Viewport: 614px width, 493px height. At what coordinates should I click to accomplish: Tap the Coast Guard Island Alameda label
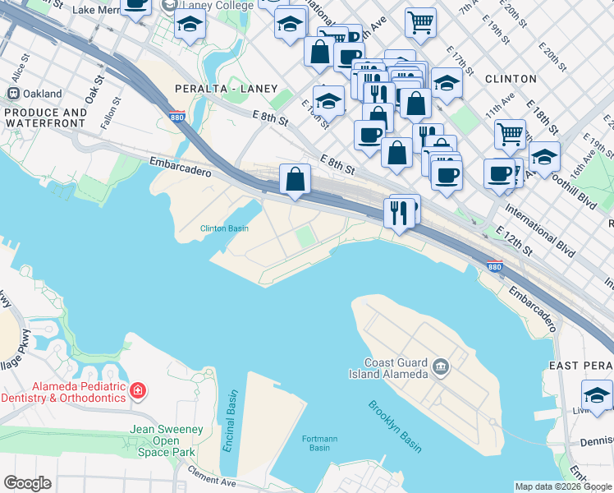(x=396, y=369)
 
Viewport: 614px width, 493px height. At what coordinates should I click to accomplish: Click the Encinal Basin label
(x=232, y=412)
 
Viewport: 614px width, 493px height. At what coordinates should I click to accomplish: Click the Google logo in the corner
(x=27, y=483)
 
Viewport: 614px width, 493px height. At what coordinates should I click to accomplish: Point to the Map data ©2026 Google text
(x=562, y=486)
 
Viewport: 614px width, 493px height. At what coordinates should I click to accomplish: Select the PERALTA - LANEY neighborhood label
(x=227, y=89)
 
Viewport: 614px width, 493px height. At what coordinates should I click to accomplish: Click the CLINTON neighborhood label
(x=511, y=80)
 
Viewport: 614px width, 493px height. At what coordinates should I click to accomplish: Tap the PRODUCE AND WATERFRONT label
(x=46, y=117)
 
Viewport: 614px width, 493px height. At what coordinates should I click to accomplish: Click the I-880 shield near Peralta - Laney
(x=176, y=117)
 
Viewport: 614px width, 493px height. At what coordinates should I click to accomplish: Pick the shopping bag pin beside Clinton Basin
(x=295, y=179)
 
